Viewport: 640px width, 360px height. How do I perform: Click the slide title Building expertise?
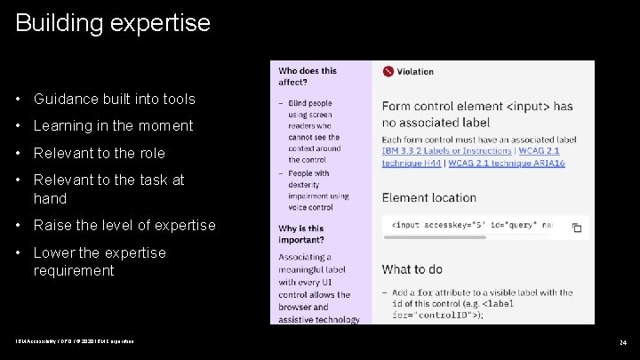coord(113,22)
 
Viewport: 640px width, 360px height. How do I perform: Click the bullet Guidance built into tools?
coord(114,99)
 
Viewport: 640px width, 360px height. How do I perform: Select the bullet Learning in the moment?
coord(113,125)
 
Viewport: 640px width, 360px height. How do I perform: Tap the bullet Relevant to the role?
coord(99,153)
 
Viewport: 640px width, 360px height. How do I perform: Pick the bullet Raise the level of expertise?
coord(124,225)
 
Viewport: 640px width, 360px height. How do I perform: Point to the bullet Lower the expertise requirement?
coord(99,261)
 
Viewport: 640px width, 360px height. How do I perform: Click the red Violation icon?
coord(388,71)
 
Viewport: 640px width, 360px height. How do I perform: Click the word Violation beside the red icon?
coord(415,71)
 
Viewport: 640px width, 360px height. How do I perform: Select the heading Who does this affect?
coord(308,76)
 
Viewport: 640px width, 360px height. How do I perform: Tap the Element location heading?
coord(429,197)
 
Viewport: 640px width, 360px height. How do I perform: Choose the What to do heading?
coord(412,268)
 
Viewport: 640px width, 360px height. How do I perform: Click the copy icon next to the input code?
coord(576,228)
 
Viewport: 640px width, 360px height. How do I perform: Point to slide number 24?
coord(622,342)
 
